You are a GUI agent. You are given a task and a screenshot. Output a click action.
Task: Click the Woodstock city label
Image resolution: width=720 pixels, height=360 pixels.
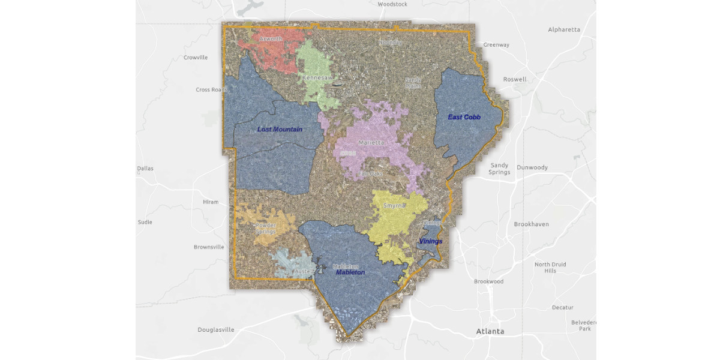tap(392, 4)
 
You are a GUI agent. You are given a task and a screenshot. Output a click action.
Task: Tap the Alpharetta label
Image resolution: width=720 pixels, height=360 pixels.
tap(564, 29)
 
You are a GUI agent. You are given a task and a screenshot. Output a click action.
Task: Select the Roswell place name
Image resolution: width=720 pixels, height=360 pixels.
tap(514, 79)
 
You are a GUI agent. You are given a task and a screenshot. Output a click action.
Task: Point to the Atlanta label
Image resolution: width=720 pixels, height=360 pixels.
tap(490, 331)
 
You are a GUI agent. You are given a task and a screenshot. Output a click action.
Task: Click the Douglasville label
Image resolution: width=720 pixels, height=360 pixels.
tap(216, 329)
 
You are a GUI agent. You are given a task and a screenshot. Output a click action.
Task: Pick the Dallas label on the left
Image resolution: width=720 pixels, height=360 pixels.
tap(145, 169)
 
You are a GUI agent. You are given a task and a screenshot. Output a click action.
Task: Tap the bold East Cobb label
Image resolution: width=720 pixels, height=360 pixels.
tap(464, 117)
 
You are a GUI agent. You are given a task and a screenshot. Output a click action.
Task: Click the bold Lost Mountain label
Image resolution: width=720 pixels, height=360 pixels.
tap(280, 129)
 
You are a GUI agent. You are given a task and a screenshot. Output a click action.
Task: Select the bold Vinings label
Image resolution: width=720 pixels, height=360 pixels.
tap(430, 241)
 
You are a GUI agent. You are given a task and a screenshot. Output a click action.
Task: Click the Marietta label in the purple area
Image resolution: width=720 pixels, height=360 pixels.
tap(371, 143)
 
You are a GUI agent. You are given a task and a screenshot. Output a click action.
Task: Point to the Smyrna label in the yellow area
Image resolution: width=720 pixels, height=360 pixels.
tap(394, 206)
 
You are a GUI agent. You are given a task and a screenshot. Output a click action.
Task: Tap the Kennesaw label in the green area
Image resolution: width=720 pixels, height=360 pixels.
tap(317, 78)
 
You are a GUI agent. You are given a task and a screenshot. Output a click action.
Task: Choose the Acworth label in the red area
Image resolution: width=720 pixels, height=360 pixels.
tap(271, 39)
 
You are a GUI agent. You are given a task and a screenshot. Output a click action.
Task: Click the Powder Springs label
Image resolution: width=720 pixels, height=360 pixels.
tap(266, 229)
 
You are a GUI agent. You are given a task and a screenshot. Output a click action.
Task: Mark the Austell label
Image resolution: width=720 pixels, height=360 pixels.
tap(303, 271)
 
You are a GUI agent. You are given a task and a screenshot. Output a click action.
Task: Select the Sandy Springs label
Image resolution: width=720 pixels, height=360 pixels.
tap(499, 169)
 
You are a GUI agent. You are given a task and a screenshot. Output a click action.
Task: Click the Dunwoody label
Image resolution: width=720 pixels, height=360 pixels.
tap(532, 167)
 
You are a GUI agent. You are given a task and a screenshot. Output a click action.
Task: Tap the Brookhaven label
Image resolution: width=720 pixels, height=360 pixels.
tap(531, 224)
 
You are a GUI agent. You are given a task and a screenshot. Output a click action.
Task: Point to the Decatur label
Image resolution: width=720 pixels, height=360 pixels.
tap(562, 307)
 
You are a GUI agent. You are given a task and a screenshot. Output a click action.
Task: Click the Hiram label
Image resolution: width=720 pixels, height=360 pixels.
tap(211, 202)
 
